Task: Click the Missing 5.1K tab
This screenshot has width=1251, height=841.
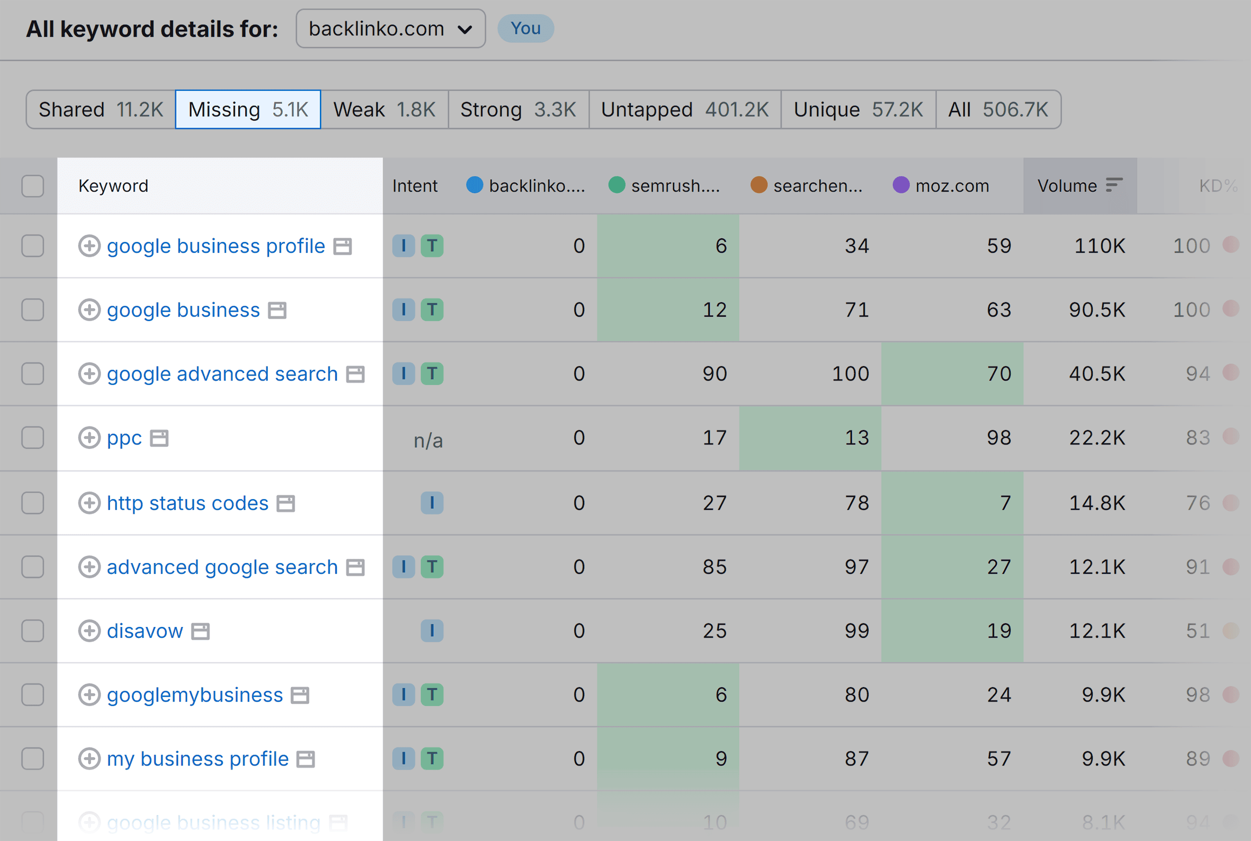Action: click(x=248, y=109)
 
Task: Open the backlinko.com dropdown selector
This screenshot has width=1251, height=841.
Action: click(x=390, y=28)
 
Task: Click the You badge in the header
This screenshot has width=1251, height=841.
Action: click(x=525, y=28)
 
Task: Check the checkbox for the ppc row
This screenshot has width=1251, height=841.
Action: click(x=33, y=437)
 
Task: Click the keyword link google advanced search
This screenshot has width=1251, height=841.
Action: click(x=222, y=374)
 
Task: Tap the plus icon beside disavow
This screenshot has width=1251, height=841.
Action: click(x=89, y=631)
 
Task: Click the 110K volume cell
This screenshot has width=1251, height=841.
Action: click(x=1098, y=245)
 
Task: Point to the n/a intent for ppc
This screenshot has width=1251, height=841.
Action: click(x=428, y=440)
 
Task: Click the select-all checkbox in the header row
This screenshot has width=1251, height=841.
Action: click(x=33, y=186)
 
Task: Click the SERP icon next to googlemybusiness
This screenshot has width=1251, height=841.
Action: click(x=299, y=695)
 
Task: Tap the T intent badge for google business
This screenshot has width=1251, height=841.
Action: click(x=431, y=309)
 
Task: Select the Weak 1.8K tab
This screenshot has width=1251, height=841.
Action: click(x=384, y=109)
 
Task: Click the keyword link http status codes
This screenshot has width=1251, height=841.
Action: click(x=187, y=503)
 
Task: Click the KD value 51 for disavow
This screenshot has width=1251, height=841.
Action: click(x=1197, y=631)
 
